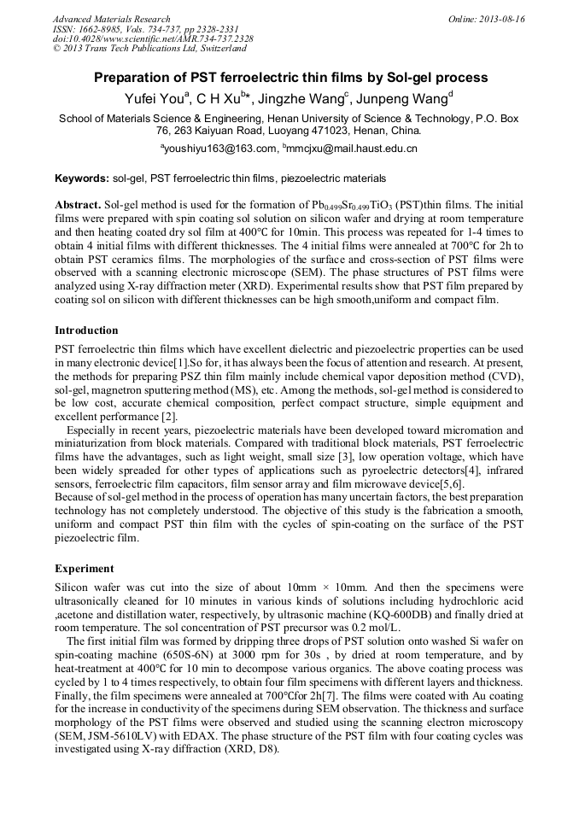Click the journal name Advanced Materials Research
point(111,19)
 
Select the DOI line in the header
point(153,38)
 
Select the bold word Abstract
point(77,207)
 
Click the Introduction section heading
point(86,331)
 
